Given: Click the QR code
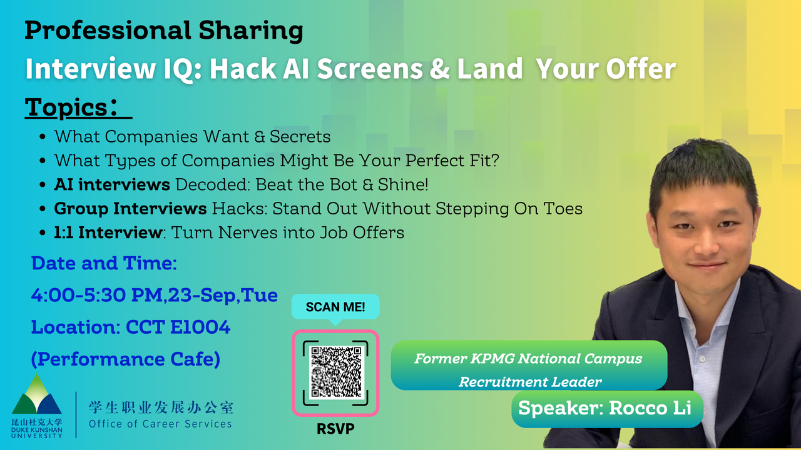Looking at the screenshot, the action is pos(335,372).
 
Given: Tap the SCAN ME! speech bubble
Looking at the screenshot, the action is pos(335,308).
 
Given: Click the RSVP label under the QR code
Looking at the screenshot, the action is pos(335,429).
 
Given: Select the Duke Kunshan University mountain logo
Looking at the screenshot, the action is pos(36,394).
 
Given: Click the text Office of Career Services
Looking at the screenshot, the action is pos(161,424).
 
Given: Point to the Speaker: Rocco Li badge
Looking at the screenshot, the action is pos(607,409).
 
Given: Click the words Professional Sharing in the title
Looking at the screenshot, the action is pos(164,31).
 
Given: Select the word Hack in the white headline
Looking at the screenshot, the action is pos(243,69).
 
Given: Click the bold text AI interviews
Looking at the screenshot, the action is pos(112,184).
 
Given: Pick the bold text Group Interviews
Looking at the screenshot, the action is pos(130,209).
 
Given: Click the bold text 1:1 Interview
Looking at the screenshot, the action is pos(108,232).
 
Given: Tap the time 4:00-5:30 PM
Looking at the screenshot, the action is pos(96,295).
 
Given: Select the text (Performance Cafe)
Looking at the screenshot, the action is pos(126,359).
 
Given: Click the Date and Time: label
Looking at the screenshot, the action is pos(104,263).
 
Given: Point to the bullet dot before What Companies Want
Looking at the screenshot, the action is pos(43,137).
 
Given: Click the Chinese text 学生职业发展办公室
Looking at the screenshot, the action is pos(161,407).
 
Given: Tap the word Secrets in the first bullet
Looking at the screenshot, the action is pos(300,136).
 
